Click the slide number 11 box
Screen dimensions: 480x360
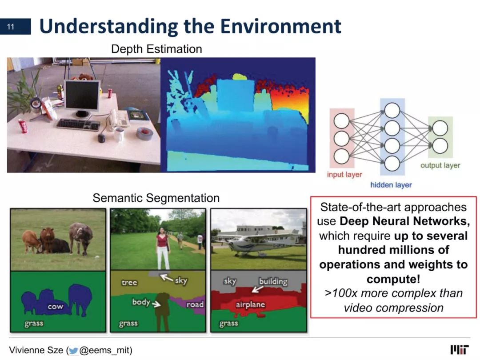tap(15, 27)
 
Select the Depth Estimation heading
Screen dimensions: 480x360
tap(156, 49)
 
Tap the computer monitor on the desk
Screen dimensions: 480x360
tap(82, 98)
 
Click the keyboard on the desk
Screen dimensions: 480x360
tap(78, 124)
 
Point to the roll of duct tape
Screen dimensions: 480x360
tap(144, 133)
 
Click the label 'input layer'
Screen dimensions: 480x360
tap(344, 175)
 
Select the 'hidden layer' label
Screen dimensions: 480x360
tap(391, 185)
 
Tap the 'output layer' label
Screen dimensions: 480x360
tap(440, 165)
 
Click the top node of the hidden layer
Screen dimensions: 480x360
tap(392, 111)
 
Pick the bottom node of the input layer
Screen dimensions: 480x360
tap(342, 156)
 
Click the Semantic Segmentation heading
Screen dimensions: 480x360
tap(156, 198)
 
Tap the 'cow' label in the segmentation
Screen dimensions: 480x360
tap(56, 306)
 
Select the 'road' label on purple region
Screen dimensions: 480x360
tap(195, 304)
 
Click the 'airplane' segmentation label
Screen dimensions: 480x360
tap(250, 304)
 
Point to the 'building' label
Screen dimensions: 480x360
tap(273, 281)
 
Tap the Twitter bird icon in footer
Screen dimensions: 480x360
tap(73, 351)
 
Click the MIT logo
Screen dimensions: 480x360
tap(460, 350)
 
